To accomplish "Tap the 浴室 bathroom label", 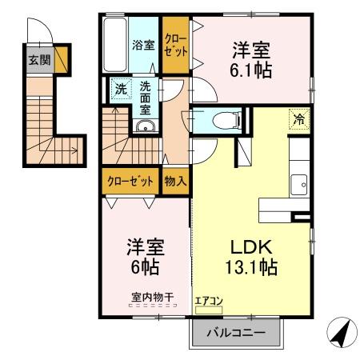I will point(143,45).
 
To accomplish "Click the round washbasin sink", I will point(144,127).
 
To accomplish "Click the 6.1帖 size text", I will point(251,70).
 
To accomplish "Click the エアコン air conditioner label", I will point(210,302).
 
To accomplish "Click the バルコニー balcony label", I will point(236,332).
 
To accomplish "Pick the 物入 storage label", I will point(175,181).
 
